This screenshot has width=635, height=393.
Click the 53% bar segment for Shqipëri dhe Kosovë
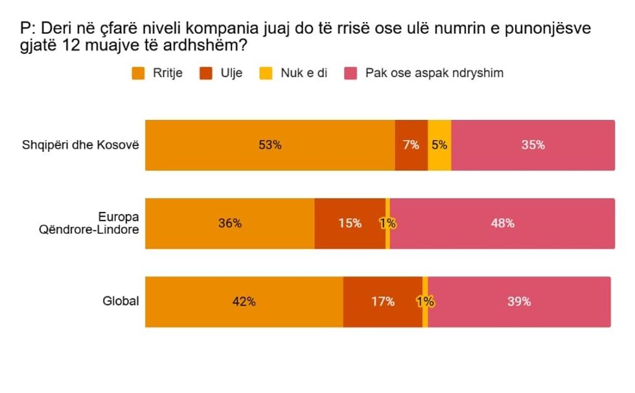[x=270, y=146]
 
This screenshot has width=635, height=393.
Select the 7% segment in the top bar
[x=411, y=146]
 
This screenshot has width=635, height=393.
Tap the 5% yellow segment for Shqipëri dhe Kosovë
[x=439, y=146]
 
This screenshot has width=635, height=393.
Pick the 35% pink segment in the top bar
[x=533, y=146]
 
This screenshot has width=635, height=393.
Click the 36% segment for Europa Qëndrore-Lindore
[x=229, y=224]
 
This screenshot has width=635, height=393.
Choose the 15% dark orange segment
[x=349, y=224]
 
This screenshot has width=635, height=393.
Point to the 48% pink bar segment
[x=502, y=224]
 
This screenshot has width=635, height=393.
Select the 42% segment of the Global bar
[x=244, y=302]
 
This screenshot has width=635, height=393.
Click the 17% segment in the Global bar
[x=382, y=302]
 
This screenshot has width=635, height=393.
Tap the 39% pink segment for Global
[x=519, y=302]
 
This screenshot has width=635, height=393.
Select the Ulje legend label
[x=231, y=73]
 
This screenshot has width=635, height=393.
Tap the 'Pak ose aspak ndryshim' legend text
[x=434, y=73]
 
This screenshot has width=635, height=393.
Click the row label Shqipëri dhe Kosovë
[x=81, y=145]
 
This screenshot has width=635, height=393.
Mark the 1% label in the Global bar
[x=425, y=302]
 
